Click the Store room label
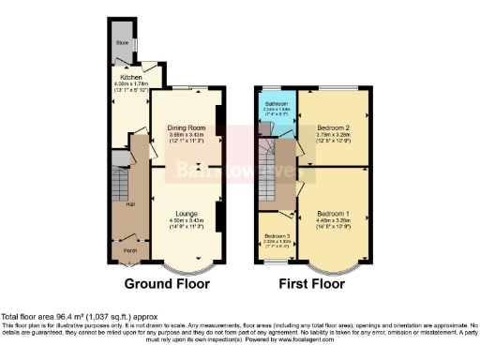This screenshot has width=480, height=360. click(122, 42)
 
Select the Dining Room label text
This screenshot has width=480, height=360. click(181, 127)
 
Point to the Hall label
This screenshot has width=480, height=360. click(118, 202)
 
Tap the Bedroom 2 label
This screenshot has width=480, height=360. click(333, 127)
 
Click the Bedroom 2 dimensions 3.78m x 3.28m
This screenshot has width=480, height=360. click(333, 134)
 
